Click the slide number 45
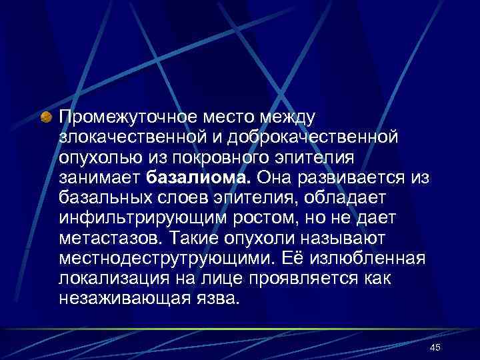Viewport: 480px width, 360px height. pyautogui.click(x=435, y=348)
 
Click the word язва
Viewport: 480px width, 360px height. pyautogui.click(x=220, y=298)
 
